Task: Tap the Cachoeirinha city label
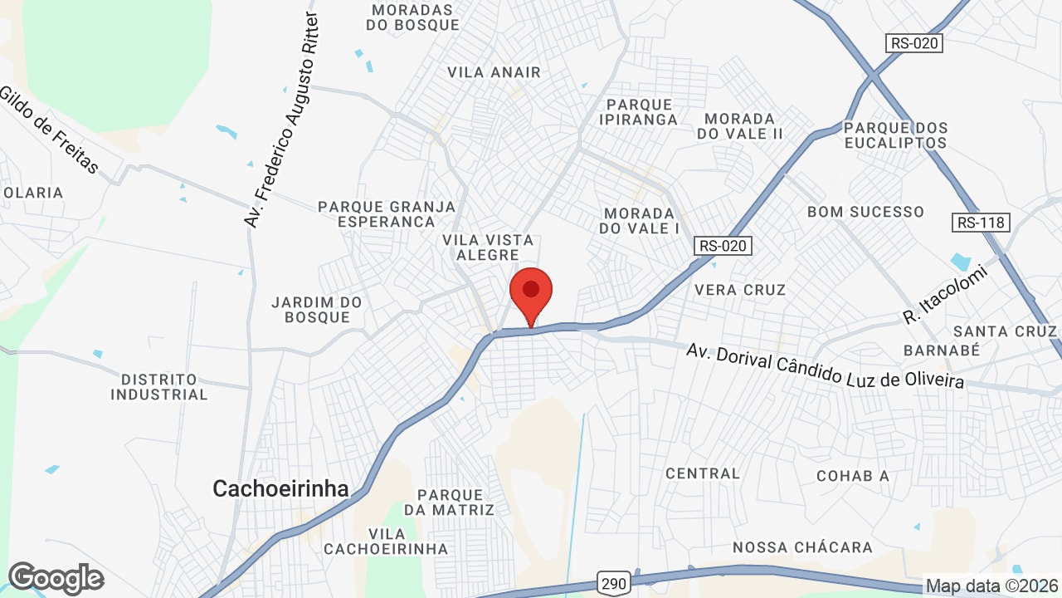click(280, 488)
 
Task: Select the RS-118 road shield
click(982, 222)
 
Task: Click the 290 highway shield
click(614, 583)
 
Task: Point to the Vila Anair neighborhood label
click(494, 72)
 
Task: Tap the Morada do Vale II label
click(740, 126)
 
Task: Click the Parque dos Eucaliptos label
click(895, 135)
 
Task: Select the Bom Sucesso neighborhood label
click(865, 212)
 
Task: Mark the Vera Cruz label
click(740, 290)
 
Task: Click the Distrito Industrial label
click(159, 387)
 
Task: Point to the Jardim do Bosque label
click(317, 310)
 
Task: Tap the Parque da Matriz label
click(449, 502)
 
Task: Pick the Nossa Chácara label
click(802, 547)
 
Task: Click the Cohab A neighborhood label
click(852, 476)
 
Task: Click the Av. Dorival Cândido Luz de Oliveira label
click(826, 366)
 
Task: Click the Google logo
click(56, 578)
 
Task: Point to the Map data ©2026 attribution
click(990, 586)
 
